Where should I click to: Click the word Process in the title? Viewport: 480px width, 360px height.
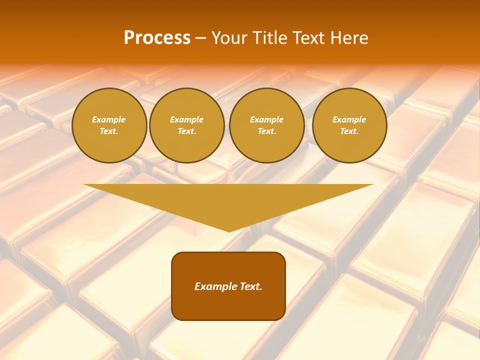pos(157,38)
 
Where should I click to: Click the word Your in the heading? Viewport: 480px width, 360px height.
pos(228,38)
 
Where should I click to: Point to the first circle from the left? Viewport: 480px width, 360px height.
pos(109,125)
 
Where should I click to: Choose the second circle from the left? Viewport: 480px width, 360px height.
pos(186,125)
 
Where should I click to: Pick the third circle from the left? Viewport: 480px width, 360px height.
pos(266,125)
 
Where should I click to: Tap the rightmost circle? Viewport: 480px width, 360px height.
pos(349,125)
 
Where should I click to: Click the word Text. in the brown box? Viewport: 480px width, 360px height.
pos(250,286)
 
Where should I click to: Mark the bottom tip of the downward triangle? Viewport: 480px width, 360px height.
pos(229,231)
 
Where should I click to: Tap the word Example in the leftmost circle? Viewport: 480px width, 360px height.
pos(109,119)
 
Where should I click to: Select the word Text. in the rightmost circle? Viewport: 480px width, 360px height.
pos(349,131)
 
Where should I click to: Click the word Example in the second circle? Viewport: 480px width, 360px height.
pos(186,119)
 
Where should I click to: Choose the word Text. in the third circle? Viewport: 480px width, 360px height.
pos(266,131)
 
